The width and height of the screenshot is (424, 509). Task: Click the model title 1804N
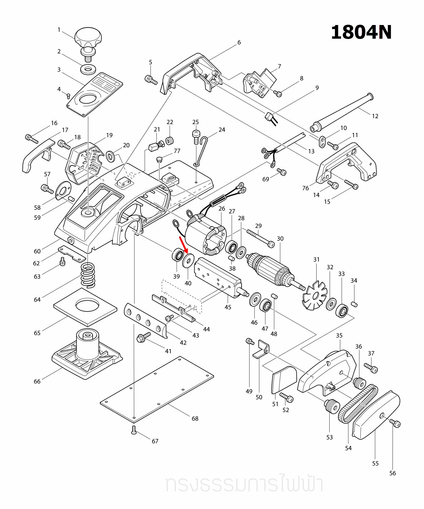pos(361,32)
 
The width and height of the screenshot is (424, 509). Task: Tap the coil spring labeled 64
pos(88,275)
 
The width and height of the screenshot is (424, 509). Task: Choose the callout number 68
pos(195,418)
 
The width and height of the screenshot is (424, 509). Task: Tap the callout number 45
pos(228,307)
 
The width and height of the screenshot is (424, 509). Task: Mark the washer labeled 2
pos(88,70)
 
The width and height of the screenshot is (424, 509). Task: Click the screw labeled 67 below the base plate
pos(134,430)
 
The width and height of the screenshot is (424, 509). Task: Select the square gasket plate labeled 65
pos(85,307)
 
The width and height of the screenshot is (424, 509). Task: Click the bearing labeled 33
pos(342,311)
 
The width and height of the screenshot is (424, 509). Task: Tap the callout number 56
pos(392,473)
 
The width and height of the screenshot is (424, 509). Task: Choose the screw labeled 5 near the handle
pos(151,80)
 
